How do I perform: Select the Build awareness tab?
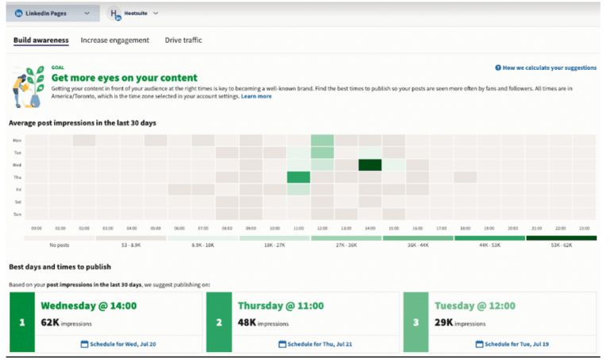(41, 40)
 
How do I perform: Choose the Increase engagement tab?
(114, 40)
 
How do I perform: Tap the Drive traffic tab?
(183, 40)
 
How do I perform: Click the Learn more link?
(256, 96)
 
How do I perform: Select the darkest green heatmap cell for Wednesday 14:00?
(369, 165)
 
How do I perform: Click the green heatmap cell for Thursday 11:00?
(298, 177)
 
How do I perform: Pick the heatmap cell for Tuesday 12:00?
(322, 153)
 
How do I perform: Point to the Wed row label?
(17, 165)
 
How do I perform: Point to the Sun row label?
(17, 215)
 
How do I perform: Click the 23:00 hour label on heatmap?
(584, 229)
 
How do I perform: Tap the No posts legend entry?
(60, 246)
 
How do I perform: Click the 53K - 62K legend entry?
(561, 246)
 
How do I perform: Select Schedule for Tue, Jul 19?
(515, 344)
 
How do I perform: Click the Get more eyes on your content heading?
(124, 78)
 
